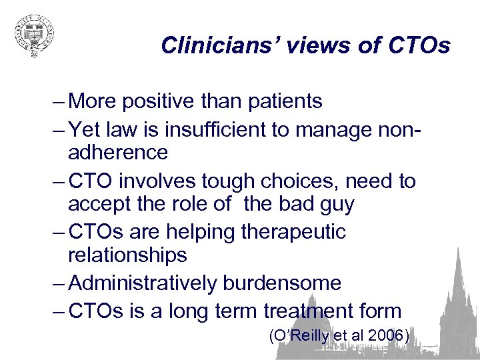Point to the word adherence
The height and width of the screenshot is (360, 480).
(x=118, y=152)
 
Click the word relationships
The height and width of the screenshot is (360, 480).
(x=127, y=255)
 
